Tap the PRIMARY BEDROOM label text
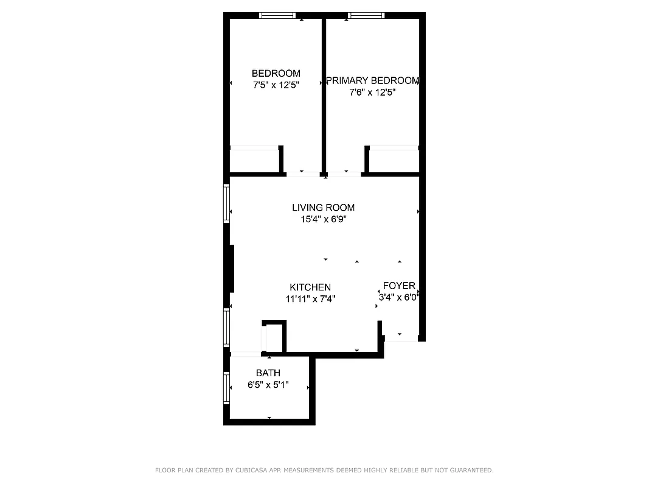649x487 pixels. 372,80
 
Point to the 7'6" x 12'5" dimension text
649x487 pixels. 372,93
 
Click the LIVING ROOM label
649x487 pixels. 323,208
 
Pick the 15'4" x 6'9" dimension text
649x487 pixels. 323,220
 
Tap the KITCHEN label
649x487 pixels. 310,287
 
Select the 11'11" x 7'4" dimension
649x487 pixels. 310,299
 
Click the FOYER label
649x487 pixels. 399,286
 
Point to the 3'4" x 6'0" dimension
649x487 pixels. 400,298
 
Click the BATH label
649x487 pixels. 268,373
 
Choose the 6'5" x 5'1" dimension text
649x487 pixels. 268,385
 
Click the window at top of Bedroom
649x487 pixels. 277,15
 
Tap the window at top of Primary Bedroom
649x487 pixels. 366,15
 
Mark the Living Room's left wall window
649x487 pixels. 226,203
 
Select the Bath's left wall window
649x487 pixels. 226,388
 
